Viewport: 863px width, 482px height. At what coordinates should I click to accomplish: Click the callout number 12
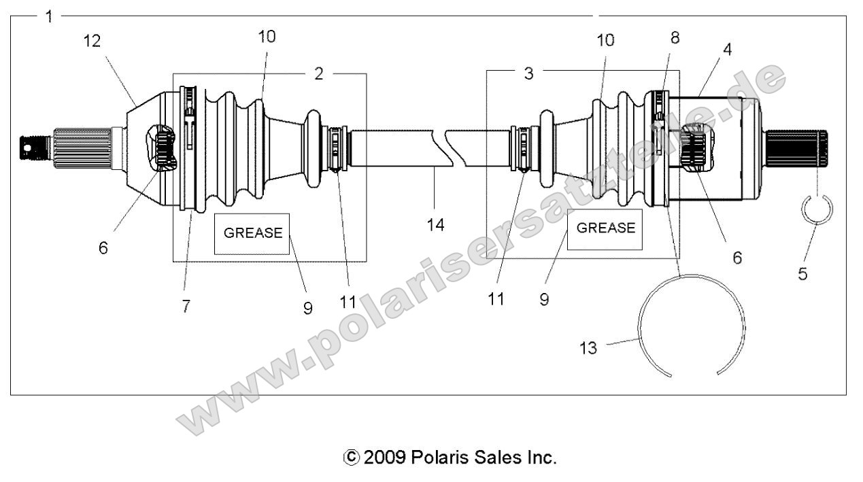click(x=92, y=41)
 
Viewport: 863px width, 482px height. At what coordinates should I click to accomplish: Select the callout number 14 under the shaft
click(x=436, y=226)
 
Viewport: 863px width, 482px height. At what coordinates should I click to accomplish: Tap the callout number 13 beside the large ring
click(x=588, y=349)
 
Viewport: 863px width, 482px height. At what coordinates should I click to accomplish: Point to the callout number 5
click(x=802, y=275)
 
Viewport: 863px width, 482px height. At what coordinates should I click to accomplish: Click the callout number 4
click(x=727, y=50)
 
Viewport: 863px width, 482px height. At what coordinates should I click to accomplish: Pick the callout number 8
click(x=675, y=38)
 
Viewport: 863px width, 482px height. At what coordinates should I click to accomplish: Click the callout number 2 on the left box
click(x=319, y=73)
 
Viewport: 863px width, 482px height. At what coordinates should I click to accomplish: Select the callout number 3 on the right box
click(x=528, y=73)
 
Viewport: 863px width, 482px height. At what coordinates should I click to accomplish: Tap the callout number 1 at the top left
click(x=49, y=16)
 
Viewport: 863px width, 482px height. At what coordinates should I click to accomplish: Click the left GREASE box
click(x=252, y=233)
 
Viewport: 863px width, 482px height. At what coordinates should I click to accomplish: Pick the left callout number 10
click(x=267, y=37)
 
